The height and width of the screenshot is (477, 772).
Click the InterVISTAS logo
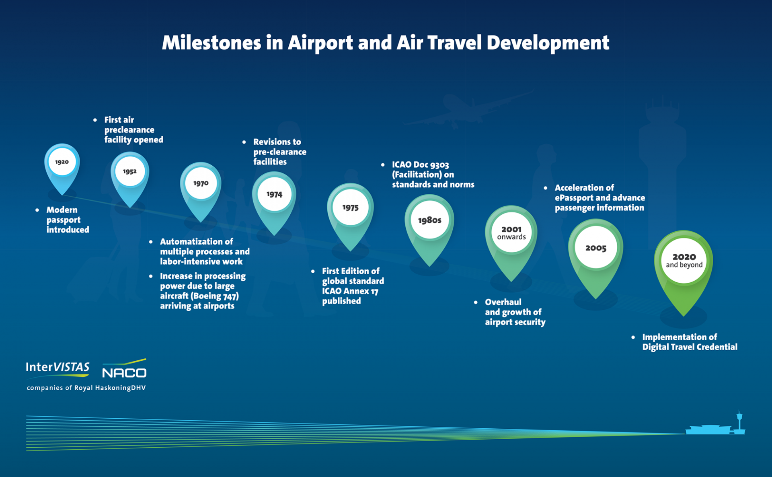click(x=57, y=368)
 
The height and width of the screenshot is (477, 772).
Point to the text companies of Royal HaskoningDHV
click(x=86, y=388)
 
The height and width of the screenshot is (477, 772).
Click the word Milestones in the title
click(x=211, y=43)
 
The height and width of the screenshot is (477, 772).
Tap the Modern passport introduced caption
click(x=67, y=220)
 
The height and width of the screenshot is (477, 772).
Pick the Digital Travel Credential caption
click(x=689, y=347)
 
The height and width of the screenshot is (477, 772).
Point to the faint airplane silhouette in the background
click(x=466, y=111)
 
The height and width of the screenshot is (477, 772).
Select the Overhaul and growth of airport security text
click(x=515, y=312)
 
